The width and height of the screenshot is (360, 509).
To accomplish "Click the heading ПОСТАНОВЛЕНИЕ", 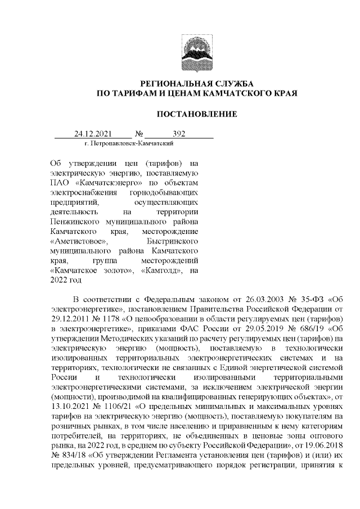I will [196, 114].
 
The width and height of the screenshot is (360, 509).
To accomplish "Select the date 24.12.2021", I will [93, 134].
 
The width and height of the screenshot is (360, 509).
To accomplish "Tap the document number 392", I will [179, 134].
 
